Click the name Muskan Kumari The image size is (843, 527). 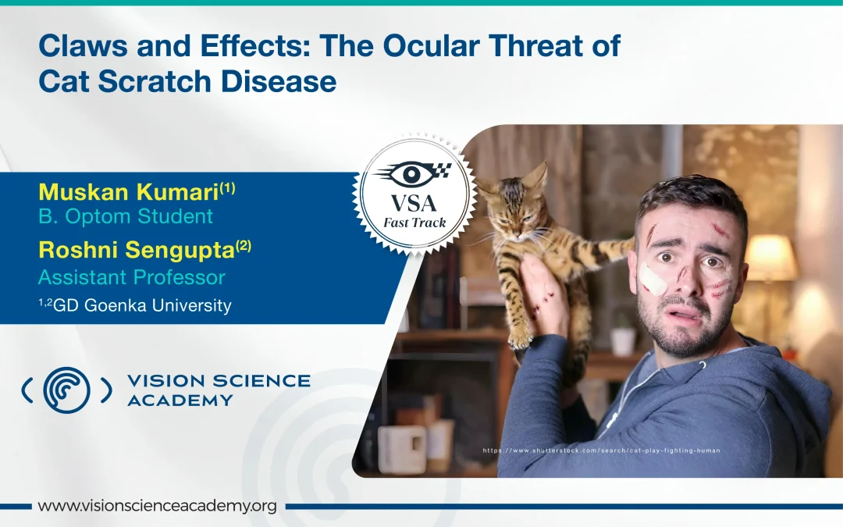(x=128, y=191)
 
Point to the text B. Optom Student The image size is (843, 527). (x=125, y=215)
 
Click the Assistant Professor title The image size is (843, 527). (x=131, y=277)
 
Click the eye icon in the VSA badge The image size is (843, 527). (x=409, y=173)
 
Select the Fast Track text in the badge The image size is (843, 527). (x=414, y=223)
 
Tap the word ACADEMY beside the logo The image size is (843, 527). (x=180, y=401)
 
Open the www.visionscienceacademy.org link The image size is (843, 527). (x=157, y=506)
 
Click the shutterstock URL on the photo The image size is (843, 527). (x=601, y=450)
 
